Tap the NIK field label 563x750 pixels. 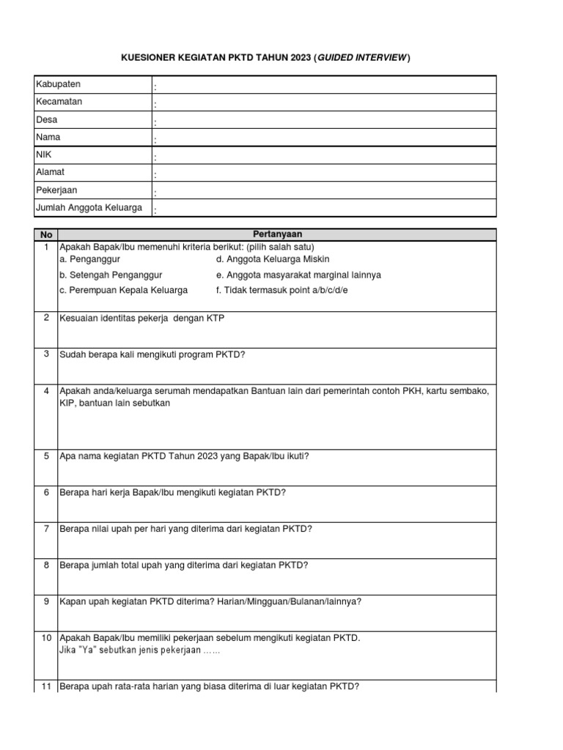click(x=44, y=155)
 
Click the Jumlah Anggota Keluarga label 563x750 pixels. click(x=88, y=207)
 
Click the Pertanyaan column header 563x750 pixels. click(x=277, y=235)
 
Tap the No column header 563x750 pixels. click(x=46, y=235)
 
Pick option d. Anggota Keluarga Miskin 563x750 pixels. click(x=273, y=260)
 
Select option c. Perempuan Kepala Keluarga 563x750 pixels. click(x=123, y=290)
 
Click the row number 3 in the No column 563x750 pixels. click(x=46, y=354)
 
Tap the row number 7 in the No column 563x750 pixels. click(x=46, y=528)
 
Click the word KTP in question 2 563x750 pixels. click(x=221, y=319)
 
